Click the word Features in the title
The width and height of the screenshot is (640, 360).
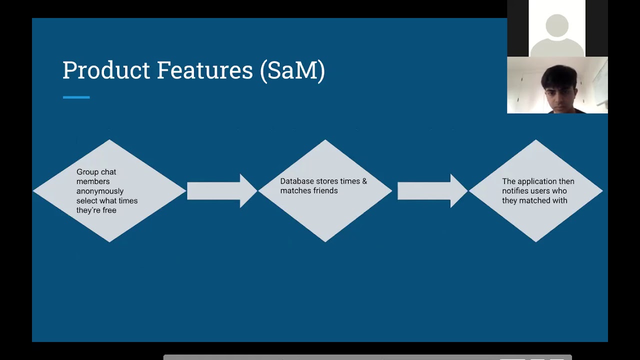click(204, 70)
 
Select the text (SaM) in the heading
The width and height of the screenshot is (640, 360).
click(292, 70)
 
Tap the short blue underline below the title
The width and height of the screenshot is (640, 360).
click(76, 97)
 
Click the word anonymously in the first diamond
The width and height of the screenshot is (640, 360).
click(99, 191)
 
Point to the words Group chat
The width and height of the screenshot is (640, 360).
click(96, 172)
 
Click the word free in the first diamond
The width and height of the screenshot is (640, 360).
click(109, 210)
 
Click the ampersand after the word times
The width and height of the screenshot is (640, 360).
click(364, 181)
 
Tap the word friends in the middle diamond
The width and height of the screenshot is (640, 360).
click(323, 191)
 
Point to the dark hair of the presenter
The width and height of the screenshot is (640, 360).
click(558, 75)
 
